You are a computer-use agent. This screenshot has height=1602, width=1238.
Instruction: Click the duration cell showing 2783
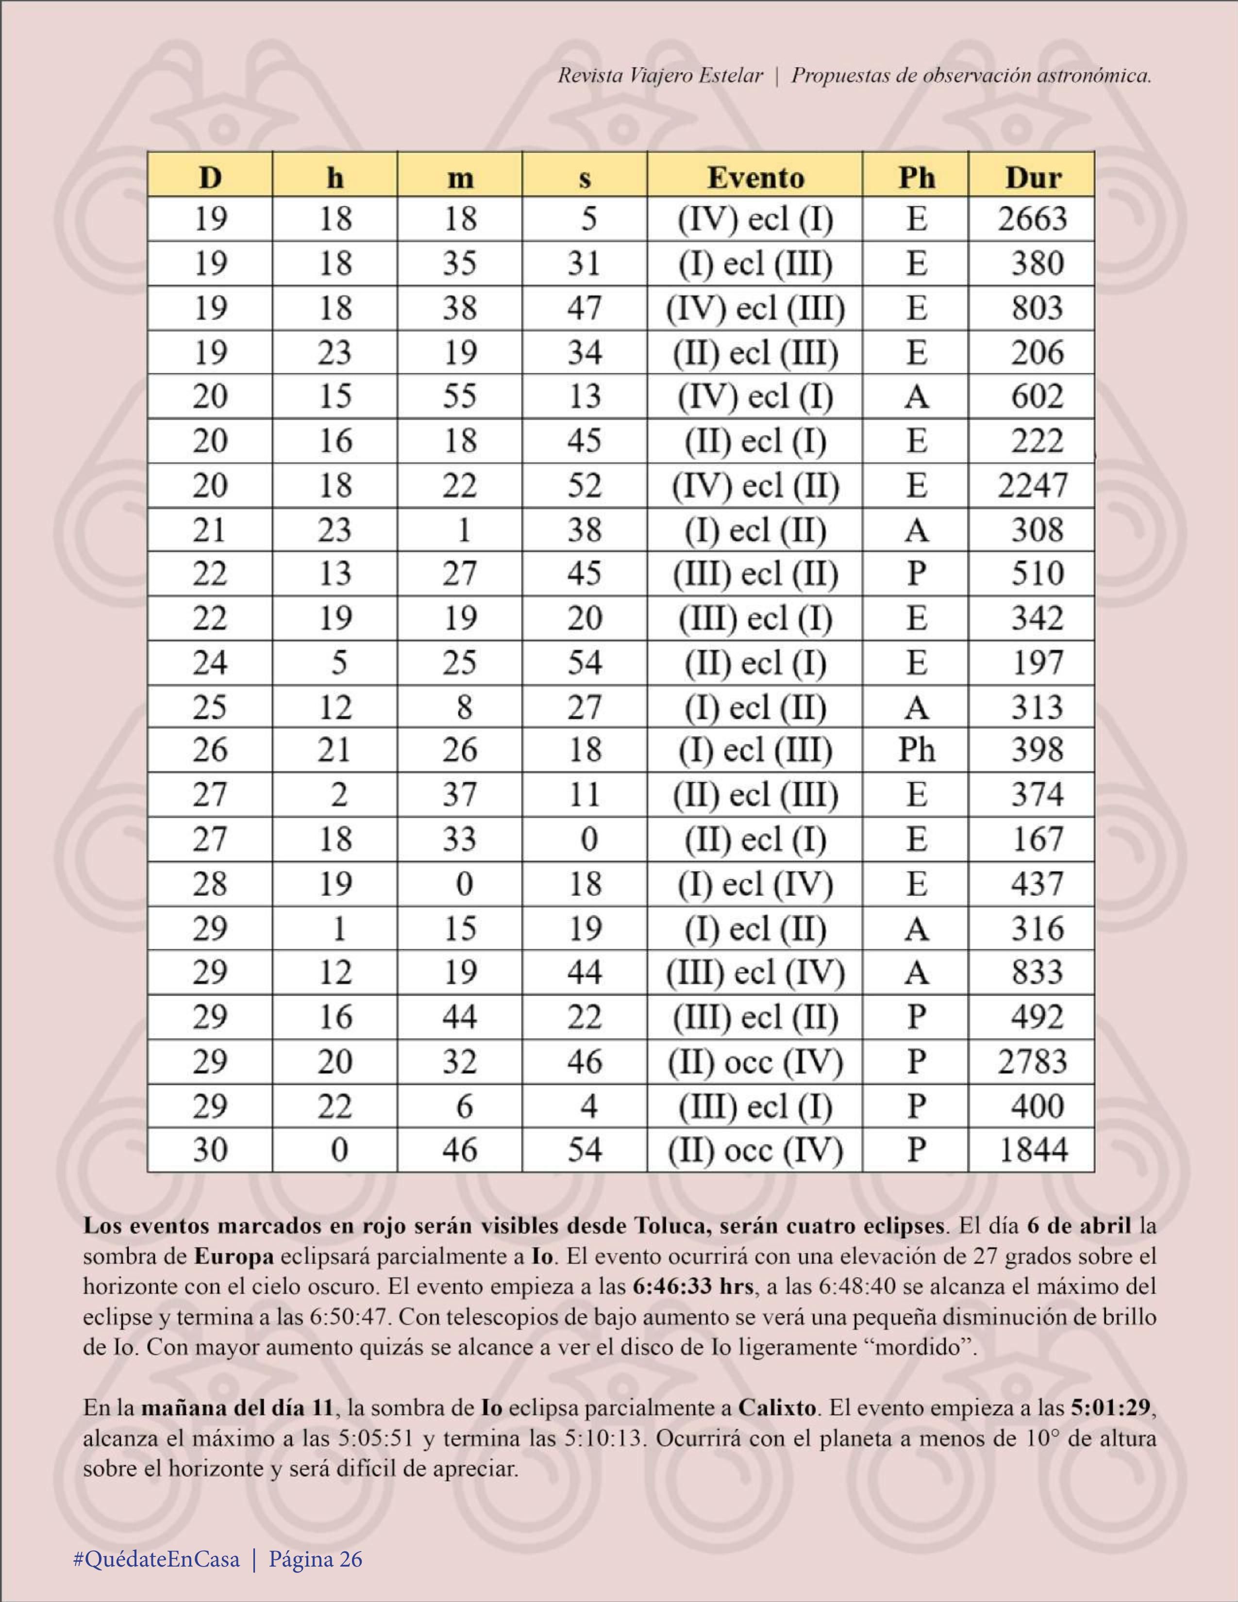[x=1032, y=1061]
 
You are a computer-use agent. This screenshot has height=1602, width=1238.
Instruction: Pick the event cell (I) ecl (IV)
[x=755, y=884]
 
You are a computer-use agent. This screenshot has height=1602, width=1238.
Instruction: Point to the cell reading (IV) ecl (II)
[x=755, y=486]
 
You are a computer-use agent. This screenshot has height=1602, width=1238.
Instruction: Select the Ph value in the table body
[x=916, y=750]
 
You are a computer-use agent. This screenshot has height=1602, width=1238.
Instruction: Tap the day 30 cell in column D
[x=210, y=1149]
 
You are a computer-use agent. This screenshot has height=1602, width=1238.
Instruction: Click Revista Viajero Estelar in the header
[x=660, y=76]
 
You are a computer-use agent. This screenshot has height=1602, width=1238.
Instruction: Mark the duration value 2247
[x=1032, y=486]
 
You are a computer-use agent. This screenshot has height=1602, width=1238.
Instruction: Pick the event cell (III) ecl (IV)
[x=755, y=973]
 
